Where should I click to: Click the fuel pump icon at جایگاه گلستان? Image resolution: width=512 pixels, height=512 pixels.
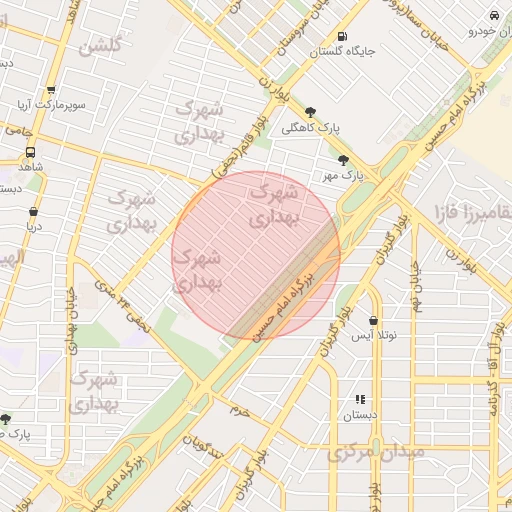pos(344,34)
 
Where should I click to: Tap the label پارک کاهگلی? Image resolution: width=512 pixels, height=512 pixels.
pos(311,128)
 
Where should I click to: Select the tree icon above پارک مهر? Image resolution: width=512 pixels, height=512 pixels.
pos(344,160)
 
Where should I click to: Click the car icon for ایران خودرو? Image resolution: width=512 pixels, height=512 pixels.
pos(494,16)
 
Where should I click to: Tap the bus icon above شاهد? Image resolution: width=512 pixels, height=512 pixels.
pos(30,152)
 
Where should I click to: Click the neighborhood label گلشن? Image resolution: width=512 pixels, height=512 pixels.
pos(100,45)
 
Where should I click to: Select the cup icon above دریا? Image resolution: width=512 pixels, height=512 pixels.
pos(34,212)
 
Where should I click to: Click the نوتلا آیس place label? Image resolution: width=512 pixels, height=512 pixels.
pos(373,336)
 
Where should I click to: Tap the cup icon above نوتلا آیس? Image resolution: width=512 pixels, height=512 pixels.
pos(373,321)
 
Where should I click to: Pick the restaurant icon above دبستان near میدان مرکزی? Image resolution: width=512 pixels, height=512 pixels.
pos(360,399)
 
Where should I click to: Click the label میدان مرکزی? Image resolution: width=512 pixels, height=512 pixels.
pos(376,452)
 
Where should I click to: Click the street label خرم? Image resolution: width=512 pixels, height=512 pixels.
pos(238,410)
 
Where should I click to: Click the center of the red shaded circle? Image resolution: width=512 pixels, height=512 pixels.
pos(256,255)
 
